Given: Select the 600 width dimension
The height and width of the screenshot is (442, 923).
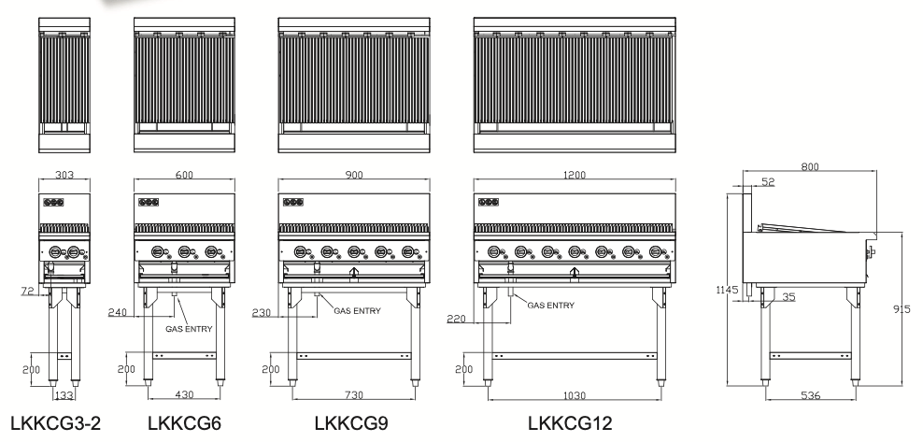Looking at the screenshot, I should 183,174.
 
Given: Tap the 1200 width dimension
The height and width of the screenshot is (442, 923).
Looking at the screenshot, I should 574,174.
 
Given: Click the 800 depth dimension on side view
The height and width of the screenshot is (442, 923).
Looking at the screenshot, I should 810,165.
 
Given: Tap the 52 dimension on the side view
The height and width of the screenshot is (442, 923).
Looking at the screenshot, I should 767,183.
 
